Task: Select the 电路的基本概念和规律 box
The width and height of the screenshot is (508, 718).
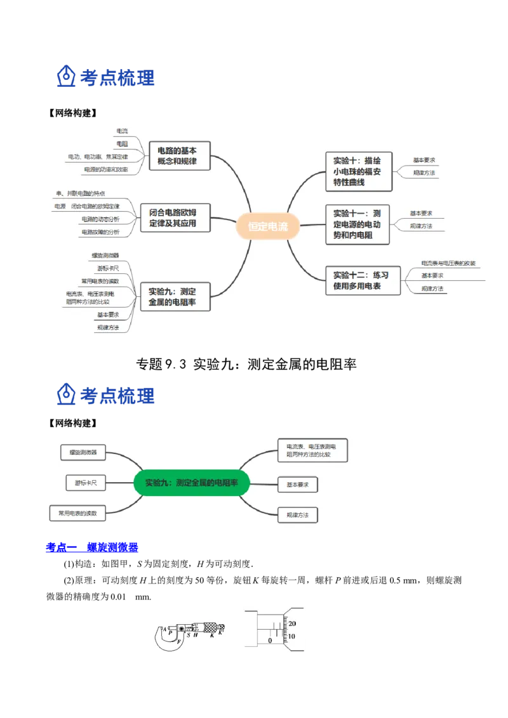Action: [177, 156]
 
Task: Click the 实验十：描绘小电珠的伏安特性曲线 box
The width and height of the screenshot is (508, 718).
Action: [358, 171]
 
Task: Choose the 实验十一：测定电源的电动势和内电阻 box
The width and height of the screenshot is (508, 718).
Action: [357, 224]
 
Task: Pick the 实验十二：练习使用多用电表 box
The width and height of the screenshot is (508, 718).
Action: [363, 280]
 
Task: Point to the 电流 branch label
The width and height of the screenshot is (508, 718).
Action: [121, 131]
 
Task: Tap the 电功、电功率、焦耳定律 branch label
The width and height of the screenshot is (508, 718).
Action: [98, 156]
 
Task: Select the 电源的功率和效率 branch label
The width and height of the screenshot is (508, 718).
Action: [105, 169]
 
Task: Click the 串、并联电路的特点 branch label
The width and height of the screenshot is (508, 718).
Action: [81, 193]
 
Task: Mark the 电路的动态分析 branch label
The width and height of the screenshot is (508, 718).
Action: [100, 219]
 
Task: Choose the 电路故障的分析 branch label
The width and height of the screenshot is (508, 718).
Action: [100, 232]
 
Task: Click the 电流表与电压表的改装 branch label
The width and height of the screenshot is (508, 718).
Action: [448, 263]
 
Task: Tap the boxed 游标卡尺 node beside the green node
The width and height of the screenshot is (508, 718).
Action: [86, 483]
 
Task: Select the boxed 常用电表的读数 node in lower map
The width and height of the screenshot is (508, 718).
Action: [77, 514]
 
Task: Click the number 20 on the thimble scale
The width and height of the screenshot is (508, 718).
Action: [292, 624]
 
